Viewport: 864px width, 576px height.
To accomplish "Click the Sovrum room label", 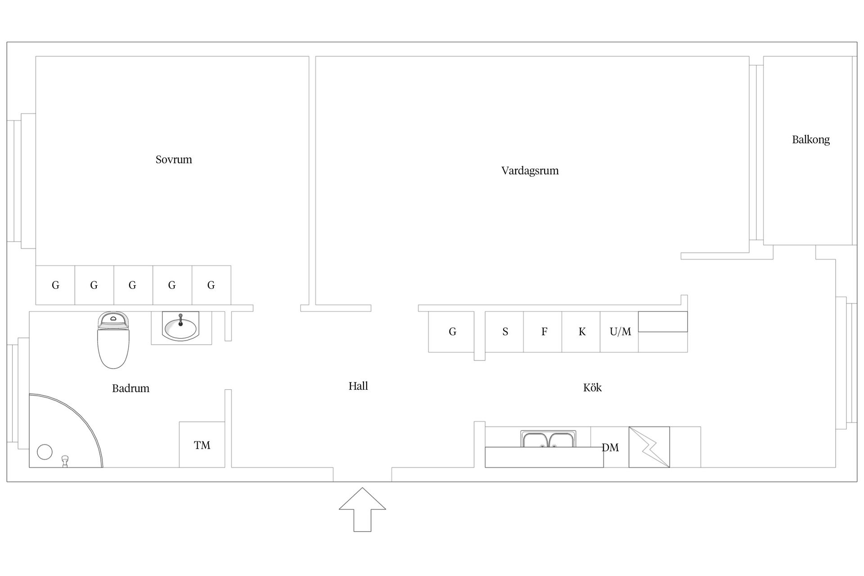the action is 174,160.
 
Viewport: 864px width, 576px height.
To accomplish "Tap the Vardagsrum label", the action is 530,171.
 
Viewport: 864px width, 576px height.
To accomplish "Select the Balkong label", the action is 811,140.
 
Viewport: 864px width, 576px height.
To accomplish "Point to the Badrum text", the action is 130,388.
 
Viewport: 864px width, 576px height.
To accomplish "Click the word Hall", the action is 358,386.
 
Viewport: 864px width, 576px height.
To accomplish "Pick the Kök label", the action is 592,387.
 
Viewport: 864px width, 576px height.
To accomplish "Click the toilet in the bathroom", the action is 113,340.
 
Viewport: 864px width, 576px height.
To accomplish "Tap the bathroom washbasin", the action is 181,328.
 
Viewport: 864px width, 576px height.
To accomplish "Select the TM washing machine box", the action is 202,445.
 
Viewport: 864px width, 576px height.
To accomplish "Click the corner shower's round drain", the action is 45,452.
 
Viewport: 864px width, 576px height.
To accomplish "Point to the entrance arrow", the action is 362,509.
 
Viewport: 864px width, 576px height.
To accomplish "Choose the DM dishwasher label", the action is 610,448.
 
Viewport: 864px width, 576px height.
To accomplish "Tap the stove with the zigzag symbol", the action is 649,447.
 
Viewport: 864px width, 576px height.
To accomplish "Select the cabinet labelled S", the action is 504,332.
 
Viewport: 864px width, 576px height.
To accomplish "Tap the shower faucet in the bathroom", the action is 65,461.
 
